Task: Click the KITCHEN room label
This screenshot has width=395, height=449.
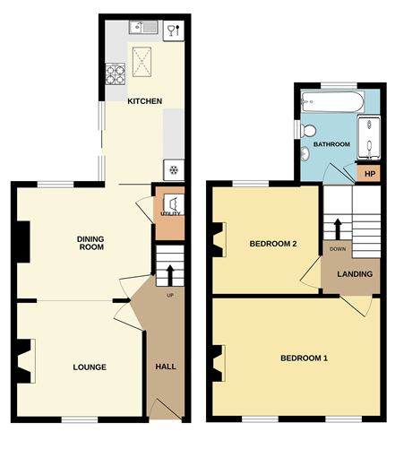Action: [145, 101]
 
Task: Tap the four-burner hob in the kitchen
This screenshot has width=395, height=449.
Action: [116, 74]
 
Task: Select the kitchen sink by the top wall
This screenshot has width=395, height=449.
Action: [143, 28]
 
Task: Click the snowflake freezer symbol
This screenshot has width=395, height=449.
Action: [174, 170]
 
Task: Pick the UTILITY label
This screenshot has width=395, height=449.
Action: [170, 213]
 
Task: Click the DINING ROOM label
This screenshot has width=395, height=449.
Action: [90, 243]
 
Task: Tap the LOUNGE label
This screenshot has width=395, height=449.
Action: [90, 367]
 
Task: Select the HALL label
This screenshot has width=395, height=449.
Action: [166, 367]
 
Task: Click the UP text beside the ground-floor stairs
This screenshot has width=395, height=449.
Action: [170, 296]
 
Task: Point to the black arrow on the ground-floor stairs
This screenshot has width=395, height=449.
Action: [170, 275]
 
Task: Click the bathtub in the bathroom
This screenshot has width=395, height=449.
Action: [332, 101]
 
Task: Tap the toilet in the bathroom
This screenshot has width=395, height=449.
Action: [307, 130]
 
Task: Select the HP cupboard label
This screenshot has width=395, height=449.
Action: [370, 174]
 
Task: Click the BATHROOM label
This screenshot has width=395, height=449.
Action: [331, 144]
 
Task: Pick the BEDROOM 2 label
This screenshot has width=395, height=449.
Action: [273, 244]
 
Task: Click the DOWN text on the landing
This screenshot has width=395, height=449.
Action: [338, 249]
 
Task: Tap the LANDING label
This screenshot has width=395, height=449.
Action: [355, 274]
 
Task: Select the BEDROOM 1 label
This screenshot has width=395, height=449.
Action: [304, 358]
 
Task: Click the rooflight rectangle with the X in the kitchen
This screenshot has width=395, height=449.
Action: [142, 62]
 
